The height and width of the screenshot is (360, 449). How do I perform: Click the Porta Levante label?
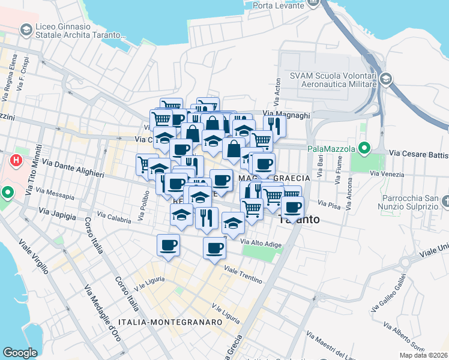280,5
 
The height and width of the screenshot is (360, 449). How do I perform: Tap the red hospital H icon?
17,161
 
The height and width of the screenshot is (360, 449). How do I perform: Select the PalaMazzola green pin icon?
364,148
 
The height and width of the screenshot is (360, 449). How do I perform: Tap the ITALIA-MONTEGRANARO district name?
170,322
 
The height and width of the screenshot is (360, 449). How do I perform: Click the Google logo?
20,353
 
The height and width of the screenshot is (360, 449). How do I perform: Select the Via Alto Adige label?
261,242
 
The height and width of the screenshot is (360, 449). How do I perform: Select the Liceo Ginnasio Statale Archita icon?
26,29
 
